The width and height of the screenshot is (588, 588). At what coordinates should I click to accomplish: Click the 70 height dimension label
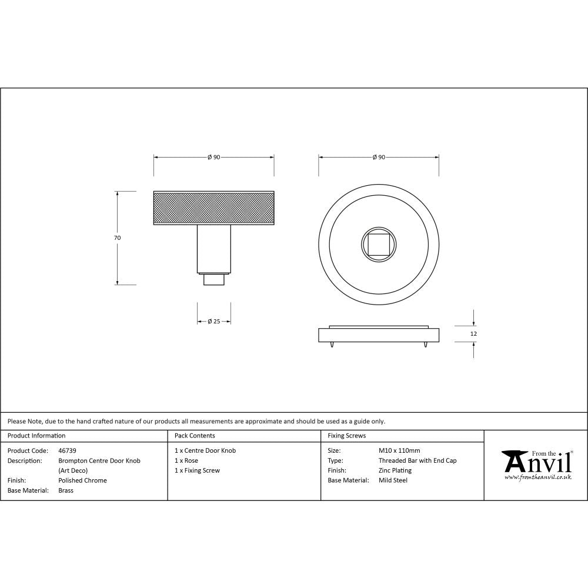(117, 238)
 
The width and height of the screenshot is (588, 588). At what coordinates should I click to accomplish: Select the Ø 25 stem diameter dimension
(214, 322)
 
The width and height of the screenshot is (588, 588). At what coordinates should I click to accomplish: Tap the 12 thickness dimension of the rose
(474, 333)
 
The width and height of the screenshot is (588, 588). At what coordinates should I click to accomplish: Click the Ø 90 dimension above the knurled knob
(213, 158)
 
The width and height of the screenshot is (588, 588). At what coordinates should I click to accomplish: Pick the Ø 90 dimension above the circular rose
(379, 158)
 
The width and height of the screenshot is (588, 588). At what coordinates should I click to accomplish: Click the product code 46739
(67, 450)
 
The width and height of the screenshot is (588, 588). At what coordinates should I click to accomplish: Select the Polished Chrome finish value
(82, 480)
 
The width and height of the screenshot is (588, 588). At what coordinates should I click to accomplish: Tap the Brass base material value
(66, 490)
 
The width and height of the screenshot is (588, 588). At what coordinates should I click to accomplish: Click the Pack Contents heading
(195, 436)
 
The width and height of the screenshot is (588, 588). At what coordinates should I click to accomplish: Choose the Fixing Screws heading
(346, 436)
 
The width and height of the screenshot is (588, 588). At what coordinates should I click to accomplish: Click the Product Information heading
(36, 436)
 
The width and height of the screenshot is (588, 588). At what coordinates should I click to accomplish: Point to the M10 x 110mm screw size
(399, 450)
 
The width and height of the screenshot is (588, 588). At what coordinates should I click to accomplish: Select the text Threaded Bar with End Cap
(417, 460)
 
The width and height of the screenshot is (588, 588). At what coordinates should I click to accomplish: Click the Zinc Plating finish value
(395, 470)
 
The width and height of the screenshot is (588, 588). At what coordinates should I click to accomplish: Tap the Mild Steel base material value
(393, 480)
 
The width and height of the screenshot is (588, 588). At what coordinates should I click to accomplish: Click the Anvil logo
(537, 465)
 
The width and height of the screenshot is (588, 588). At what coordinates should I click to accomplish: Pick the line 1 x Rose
(186, 460)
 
